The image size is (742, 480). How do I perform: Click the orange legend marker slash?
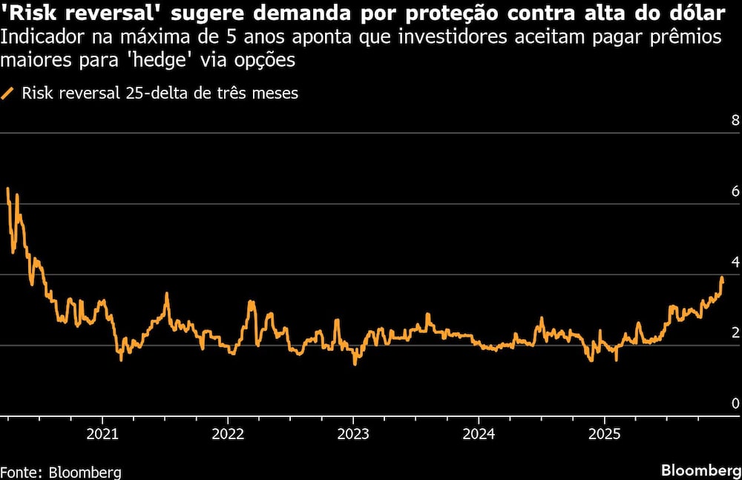(x=8, y=93)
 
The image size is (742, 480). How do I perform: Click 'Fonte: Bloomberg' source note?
(x=61, y=472)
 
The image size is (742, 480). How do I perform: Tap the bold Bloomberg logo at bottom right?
(x=700, y=471)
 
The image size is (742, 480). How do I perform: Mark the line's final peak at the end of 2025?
(x=722, y=278)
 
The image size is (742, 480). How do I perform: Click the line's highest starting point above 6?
(x=7, y=188)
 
